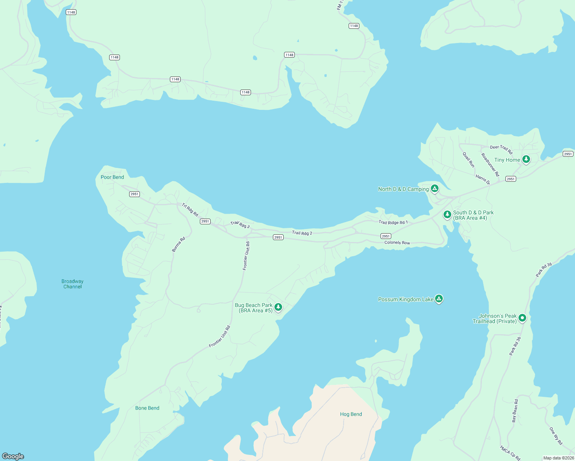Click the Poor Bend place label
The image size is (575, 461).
pos(112,177)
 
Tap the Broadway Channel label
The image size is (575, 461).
pos(72,284)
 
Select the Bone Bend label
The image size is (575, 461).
pos(147,408)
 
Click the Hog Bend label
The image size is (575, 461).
pos(351,414)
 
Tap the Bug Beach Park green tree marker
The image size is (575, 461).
pos(278,307)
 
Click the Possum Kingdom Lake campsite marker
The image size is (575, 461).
pos(439,298)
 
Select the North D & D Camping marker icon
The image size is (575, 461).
pos(435,188)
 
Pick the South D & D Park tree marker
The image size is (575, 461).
pos(447,214)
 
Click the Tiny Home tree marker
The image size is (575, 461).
pos(526,159)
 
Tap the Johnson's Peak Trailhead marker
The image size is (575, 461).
pos(522,318)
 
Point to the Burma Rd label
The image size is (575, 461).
pos(178,244)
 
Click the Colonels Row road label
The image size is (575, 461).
pos(397,243)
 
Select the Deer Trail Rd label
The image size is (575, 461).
pos(501,149)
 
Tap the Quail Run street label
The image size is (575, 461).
pos(469,160)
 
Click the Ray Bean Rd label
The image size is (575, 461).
pos(515,411)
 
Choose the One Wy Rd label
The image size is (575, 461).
pos(556,436)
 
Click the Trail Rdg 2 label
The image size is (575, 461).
pos(302,233)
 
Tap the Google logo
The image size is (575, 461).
pos(13,456)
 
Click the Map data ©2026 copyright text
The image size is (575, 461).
pos(558,458)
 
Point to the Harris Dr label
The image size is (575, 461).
pos(483,179)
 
